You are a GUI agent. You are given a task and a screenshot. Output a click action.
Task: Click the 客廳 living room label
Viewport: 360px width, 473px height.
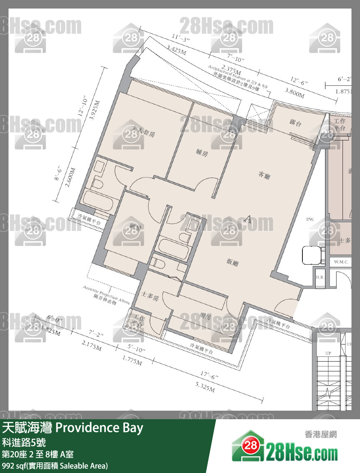265,174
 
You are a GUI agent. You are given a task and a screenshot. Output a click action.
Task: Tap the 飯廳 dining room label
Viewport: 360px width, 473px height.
232,263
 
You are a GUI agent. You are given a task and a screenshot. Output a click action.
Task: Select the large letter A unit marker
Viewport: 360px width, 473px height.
247,220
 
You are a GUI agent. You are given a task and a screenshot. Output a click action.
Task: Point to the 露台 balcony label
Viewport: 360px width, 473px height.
296,123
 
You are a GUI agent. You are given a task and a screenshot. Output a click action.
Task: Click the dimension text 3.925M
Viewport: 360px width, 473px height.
96,112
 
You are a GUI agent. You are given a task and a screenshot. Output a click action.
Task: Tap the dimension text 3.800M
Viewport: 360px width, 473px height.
294,93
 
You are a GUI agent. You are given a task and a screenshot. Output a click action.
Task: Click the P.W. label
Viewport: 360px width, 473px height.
310,219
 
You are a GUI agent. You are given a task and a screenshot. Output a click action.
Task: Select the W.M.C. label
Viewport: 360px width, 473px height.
342,262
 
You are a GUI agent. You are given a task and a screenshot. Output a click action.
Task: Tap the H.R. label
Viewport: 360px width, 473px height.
319,277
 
